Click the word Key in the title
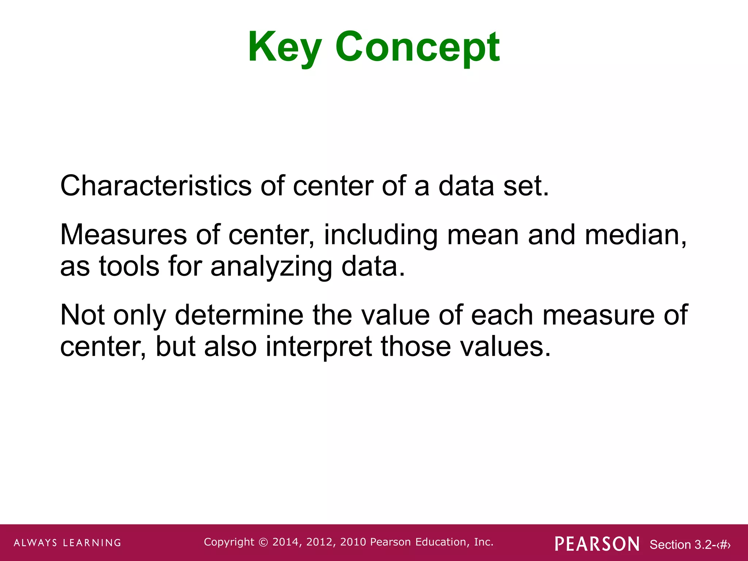pos(285,47)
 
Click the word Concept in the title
pos(417,47)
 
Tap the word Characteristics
pos(156,186)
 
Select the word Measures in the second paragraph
pos(123,234)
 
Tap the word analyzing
pos(271,267)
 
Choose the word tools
pos(129,266)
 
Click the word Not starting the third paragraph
pos(82,315)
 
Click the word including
pos(381,235)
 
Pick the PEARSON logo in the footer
pos(597,544)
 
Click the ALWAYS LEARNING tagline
pos(68,543)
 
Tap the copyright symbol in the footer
pos(263,542)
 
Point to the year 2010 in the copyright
pos(353,542)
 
